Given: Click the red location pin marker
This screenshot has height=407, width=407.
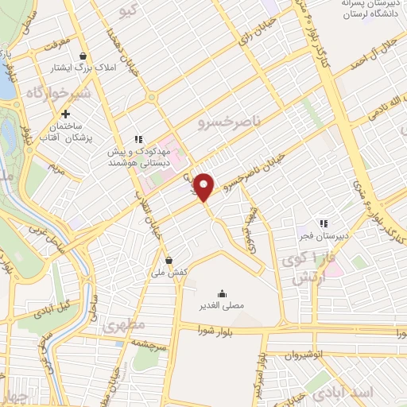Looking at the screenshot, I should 204,187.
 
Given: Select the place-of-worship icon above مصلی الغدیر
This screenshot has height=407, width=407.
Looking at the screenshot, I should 221,291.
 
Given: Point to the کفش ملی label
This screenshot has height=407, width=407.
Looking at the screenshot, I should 172,273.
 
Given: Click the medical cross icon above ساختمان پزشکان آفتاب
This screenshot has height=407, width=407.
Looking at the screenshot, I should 65,114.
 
